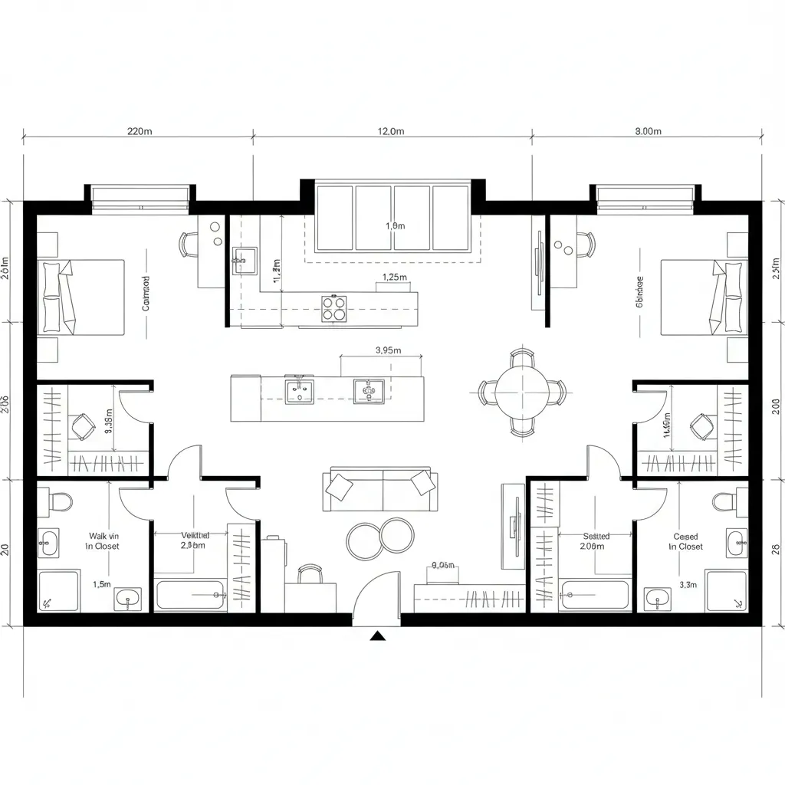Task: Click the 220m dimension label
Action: (139, 131)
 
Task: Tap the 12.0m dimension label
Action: (390, 131)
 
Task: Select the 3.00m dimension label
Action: (648, 131)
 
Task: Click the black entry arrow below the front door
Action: (377, 636)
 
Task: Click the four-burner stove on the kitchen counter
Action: (334, 308)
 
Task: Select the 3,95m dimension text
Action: (389, 350)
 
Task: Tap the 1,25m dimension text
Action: (394, 278)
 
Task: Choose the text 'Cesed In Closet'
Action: (685, 541)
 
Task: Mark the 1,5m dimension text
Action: (101, 584)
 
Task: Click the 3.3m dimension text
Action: (687, 584)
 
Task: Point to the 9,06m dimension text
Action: (443, 566)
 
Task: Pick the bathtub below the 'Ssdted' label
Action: (595, 594)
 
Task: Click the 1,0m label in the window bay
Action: (394, 226)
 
